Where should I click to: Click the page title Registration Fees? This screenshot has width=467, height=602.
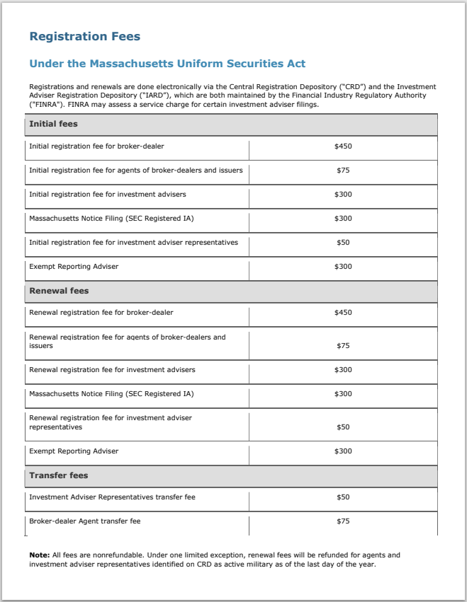point(84,37)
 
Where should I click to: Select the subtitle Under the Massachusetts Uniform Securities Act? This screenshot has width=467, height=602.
point(167,64)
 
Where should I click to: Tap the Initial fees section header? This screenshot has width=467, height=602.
point(53,124)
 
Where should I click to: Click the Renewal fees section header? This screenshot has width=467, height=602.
point(59,291)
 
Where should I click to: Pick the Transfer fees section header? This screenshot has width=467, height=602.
point(58,475)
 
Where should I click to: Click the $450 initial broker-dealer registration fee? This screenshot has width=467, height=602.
point(343,146)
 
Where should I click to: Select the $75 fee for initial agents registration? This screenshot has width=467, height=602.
point(343,170)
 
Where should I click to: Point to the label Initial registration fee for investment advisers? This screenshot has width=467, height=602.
point(107,195)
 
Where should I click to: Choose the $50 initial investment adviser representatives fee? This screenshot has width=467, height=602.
point(343,243)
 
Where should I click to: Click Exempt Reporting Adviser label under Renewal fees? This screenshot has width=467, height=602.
point(74,451)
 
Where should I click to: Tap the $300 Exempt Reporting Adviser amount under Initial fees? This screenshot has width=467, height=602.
point(343,267)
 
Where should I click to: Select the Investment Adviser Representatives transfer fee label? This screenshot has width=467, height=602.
point(112,497)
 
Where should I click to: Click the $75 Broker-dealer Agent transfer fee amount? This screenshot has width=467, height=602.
point(343,521)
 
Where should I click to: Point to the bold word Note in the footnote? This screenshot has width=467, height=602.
point(39,555)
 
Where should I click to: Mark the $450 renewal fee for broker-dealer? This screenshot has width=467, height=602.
point(343,313)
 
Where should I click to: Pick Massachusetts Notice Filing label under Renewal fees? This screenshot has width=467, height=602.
point(111,394)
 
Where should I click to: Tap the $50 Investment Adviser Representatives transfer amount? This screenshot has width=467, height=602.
point(343,497)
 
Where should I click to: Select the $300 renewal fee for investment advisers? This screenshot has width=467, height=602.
point(343,370)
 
